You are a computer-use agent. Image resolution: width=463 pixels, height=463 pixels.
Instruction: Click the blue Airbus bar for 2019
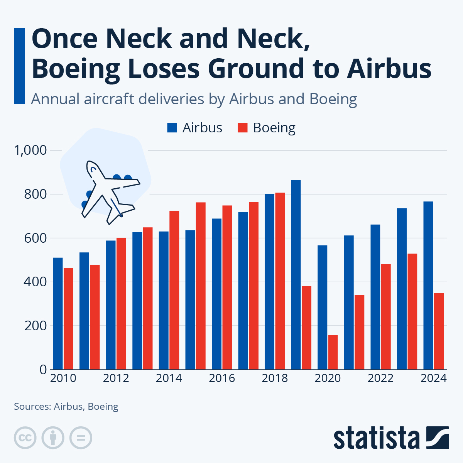pyautogui.click(x=296, y=275)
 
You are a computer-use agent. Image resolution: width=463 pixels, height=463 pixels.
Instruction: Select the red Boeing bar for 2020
pyautogui.click(x=333, y=352)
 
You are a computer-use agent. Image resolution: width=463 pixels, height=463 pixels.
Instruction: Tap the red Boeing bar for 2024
pyautogui.click(x=439, y=331)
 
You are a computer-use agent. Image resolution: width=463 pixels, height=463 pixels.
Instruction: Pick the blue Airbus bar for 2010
pyautogui.click(x=58, y=313)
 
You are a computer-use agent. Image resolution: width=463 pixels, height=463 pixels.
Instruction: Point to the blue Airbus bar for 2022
pyautogui.click(x=375, y=297)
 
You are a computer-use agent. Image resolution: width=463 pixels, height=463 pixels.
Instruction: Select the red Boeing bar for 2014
pyautogui.click(x=174, y=290)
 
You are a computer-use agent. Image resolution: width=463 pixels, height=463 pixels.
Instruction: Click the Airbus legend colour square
pyautogui.click(x=172, y=128)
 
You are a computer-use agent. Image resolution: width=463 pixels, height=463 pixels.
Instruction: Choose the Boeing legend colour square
pyautogui.click(x=242, y=128)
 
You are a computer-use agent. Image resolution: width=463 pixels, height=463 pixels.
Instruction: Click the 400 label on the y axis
pyautogui.click(x=35, y=282)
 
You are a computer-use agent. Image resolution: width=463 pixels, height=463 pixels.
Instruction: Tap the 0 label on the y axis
pyautogui.click(x=43, y=370)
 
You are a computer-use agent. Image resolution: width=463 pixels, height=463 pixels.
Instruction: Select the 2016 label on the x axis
pyautogui.click(x=222, y=378)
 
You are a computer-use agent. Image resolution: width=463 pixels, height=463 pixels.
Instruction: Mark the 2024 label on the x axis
pyautogui.click(x=433, y=378)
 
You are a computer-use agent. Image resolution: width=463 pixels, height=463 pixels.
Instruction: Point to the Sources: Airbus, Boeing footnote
pyautogui.click(x=66, y=406)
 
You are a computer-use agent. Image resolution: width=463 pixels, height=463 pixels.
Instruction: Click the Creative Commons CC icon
pyautogui.click(x=25, y=438)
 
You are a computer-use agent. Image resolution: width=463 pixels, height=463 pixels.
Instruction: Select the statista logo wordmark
pyautogui.click(x=376, y=438)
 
